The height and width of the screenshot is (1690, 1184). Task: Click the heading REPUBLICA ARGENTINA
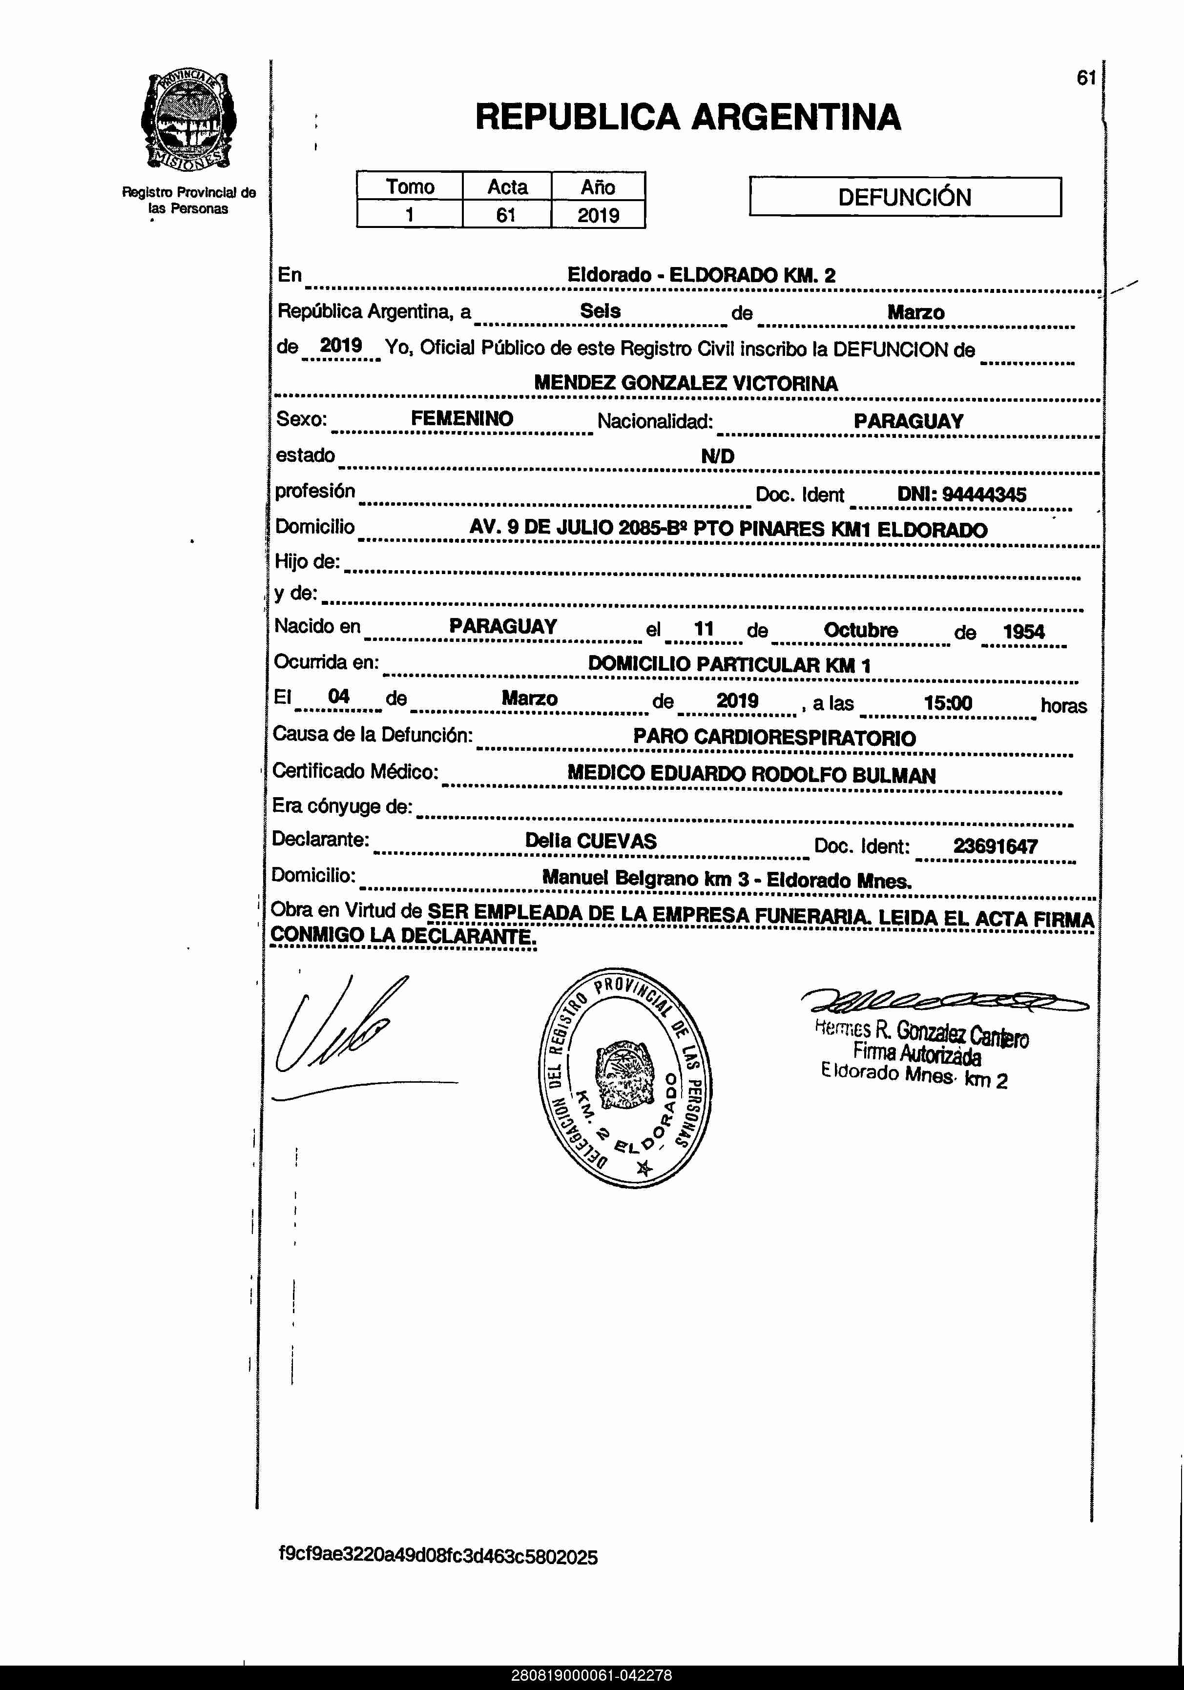tap(688, 117)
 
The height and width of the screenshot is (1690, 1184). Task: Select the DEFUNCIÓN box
tap(905, 197)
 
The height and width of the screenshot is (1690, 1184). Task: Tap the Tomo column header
tap(410, 186)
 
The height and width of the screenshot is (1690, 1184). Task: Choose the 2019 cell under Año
tap(598, 215)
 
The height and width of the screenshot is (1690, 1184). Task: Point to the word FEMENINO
tap(462, 419)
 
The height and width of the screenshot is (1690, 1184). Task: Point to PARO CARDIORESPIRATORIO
tap(774, 738)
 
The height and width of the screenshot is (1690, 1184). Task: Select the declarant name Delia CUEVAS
tap(590, 841)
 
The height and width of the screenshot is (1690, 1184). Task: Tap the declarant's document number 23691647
tap(995, 846)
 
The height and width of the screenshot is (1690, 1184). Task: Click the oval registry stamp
tap(625, 1077)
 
